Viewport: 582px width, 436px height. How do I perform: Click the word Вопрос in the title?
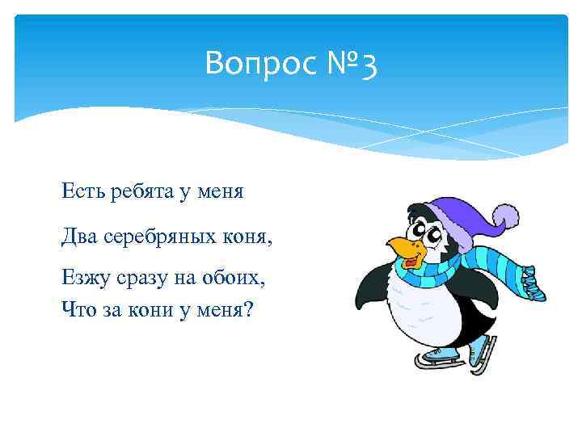(x=251, y=64)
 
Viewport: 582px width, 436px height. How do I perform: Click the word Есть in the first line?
(x=79, y=191)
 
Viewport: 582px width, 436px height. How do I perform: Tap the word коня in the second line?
(x=247, y=236)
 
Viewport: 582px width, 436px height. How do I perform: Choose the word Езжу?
(x=82, y=279)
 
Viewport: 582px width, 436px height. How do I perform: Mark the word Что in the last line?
(x=76, y=307)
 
